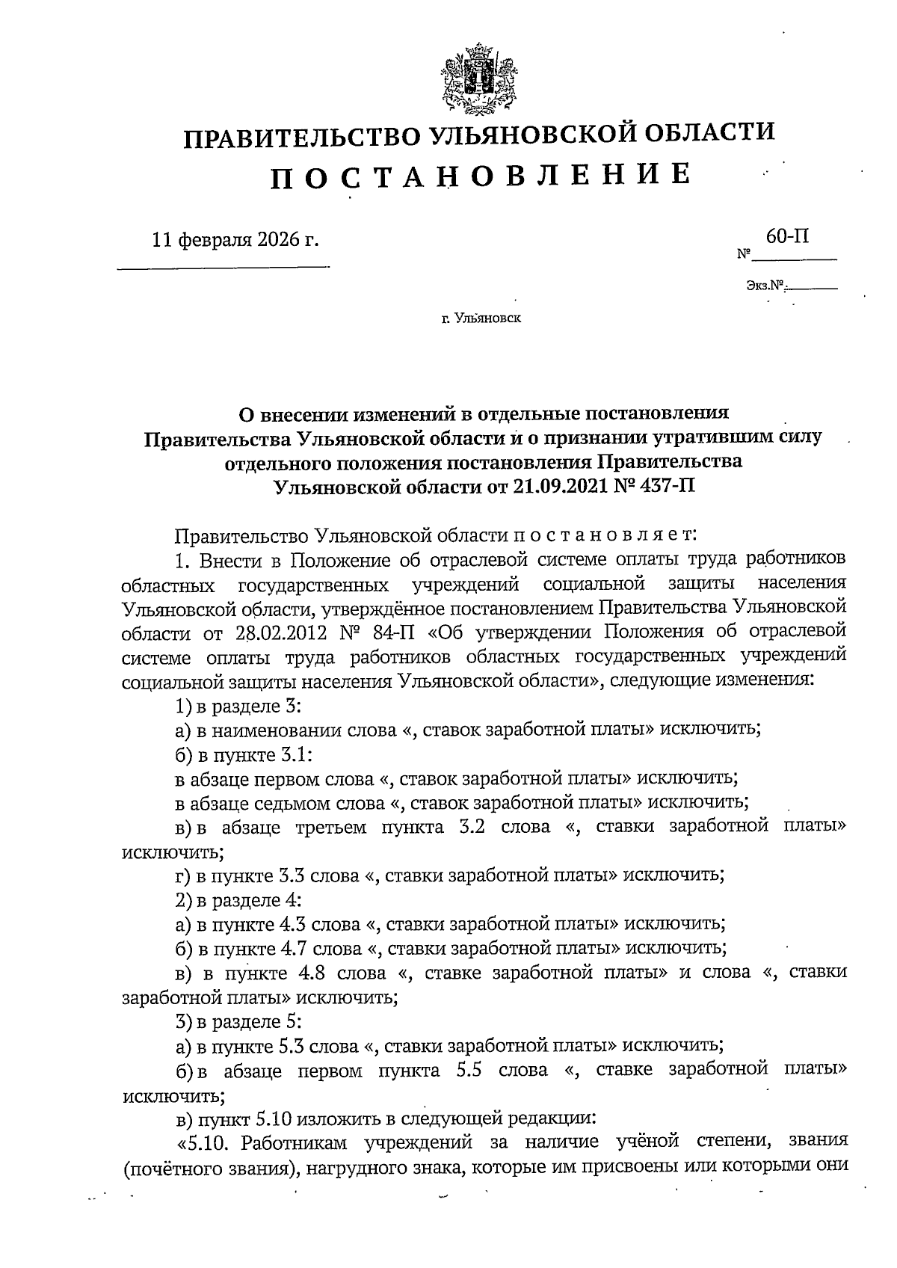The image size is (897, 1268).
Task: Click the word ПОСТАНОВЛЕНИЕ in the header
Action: pyautogui.click(x=479, y=175)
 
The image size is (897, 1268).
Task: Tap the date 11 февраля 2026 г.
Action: pyautogui.click(x=235, y=241)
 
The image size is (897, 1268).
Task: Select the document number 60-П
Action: pyautogui.click(x=787, y=237)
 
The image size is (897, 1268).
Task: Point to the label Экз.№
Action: pyautogui.click(x=764, y=285)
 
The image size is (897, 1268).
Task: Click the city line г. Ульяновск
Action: pyautogui.click(x=481, y=318)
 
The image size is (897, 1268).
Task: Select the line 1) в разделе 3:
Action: pyautogui.click(x=238, y=706)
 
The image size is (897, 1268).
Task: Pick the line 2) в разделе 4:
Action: pyautogui.click(x=238, y=899)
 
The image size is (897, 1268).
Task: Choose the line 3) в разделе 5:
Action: pyautogui.click(x=238, y=1021)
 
